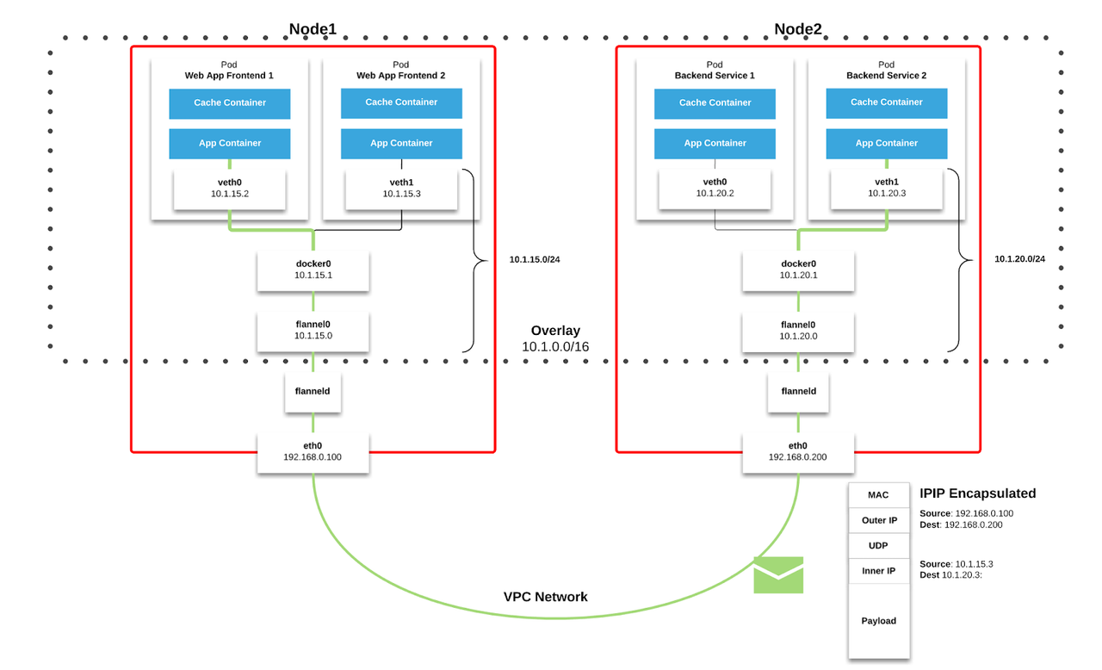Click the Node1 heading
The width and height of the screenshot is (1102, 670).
click(x=312, y=29)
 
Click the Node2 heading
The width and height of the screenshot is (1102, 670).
click(x=797, y=29)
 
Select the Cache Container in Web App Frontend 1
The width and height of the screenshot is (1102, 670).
click(x=229, y=103)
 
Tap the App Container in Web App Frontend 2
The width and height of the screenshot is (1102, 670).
click(x=401, y=144)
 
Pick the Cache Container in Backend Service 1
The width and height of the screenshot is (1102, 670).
click(x=715, y=103)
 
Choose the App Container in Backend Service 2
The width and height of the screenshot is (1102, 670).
click(x=886, y=144)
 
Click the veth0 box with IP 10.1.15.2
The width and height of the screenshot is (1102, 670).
click(x=229, y=189)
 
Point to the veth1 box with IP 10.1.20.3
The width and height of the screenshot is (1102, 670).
click(x=886, y=189)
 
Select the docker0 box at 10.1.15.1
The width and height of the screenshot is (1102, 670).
click(x=313, y=270)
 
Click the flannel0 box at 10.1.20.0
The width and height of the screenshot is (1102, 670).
click(x=798, y=331)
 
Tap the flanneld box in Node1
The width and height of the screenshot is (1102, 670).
click(x=313, y=392)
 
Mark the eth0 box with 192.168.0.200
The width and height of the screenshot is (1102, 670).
click(x=798, y=452)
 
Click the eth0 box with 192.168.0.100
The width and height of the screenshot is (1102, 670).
click(x=313, y=452)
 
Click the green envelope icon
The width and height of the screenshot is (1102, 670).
click(x=778, y=575)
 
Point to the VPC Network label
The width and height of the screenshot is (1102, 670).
click(x=545, y=597)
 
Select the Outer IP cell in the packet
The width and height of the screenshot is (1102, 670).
click(x=879, y=521)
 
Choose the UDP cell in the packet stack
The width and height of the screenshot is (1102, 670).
click(x=879, y=546)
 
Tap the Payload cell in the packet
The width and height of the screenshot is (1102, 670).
click(x=879, y=621)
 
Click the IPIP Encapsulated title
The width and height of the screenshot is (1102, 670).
click(x=977, y=493)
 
